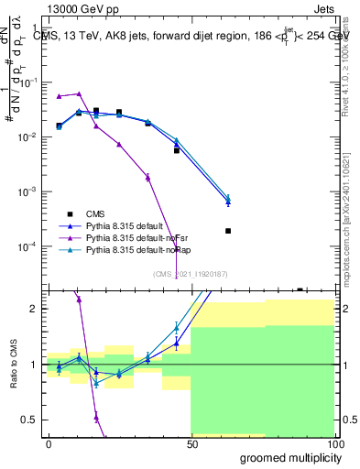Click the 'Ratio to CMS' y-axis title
click(12, 378)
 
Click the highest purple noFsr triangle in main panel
click(79, 93)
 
